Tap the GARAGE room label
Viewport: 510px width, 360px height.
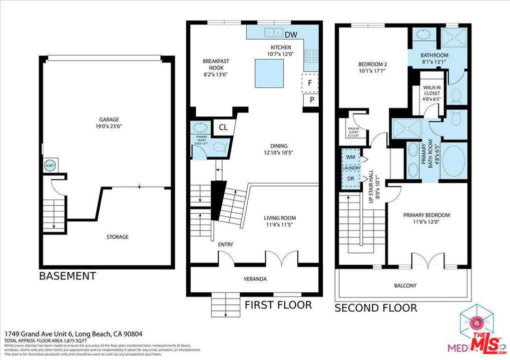109,119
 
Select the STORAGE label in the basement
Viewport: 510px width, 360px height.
117,237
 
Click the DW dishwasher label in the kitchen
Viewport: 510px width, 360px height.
290,34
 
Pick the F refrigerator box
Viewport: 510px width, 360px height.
310,83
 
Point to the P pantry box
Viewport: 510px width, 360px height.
311,100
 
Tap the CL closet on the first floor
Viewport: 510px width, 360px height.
223,127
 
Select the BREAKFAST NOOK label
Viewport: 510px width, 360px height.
216,64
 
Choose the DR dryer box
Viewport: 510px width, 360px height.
351,178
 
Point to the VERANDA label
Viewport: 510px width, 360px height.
255,279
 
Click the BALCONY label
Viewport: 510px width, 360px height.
405,286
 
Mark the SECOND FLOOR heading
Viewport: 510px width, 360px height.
375,308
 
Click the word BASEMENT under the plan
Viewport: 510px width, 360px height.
68,276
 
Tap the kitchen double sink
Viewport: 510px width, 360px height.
273,32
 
